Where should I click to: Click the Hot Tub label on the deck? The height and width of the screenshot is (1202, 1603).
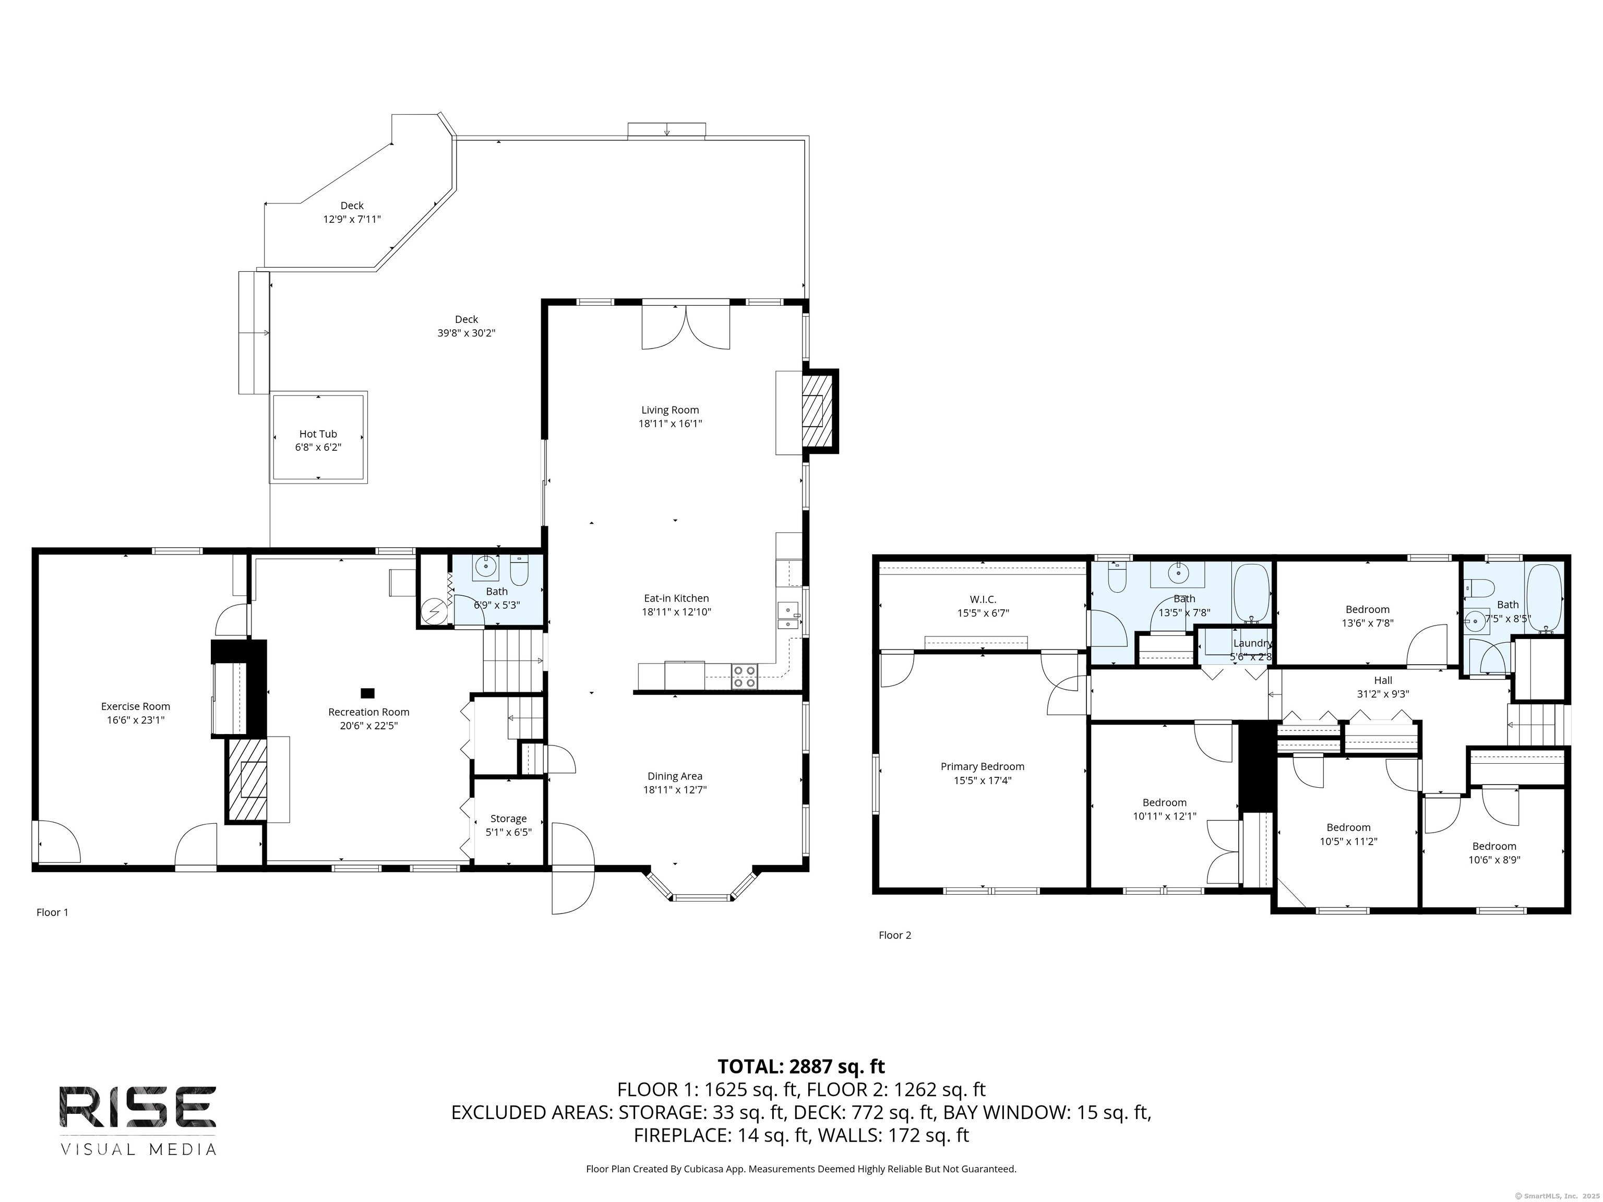click(318, 434)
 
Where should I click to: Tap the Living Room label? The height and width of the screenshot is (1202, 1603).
click(669, 410)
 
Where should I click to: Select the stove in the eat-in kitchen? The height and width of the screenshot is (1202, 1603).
click(744, 676)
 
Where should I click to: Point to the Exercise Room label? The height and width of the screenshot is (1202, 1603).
click(136, 706)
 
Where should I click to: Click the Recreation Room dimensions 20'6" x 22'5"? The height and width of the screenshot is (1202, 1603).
click(369, 725)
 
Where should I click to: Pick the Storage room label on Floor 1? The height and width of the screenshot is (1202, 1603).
click(508, 819)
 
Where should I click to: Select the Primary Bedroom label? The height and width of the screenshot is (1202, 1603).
click(982, 766)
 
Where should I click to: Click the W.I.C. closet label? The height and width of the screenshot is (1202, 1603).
click(983, 599)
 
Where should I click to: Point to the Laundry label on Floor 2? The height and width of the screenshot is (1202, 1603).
click(1253, 643)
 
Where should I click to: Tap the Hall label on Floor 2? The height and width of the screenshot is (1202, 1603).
click(1383, 680)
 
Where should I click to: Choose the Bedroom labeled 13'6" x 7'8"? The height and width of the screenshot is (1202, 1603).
click(1368, 609)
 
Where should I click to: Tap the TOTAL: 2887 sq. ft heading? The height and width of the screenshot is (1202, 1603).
click(801, 1066)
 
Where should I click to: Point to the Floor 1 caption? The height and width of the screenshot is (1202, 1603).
click(52, 912)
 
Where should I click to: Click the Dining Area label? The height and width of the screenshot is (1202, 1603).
click(675, 776)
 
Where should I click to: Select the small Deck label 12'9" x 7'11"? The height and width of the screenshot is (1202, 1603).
click(352, 206)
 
